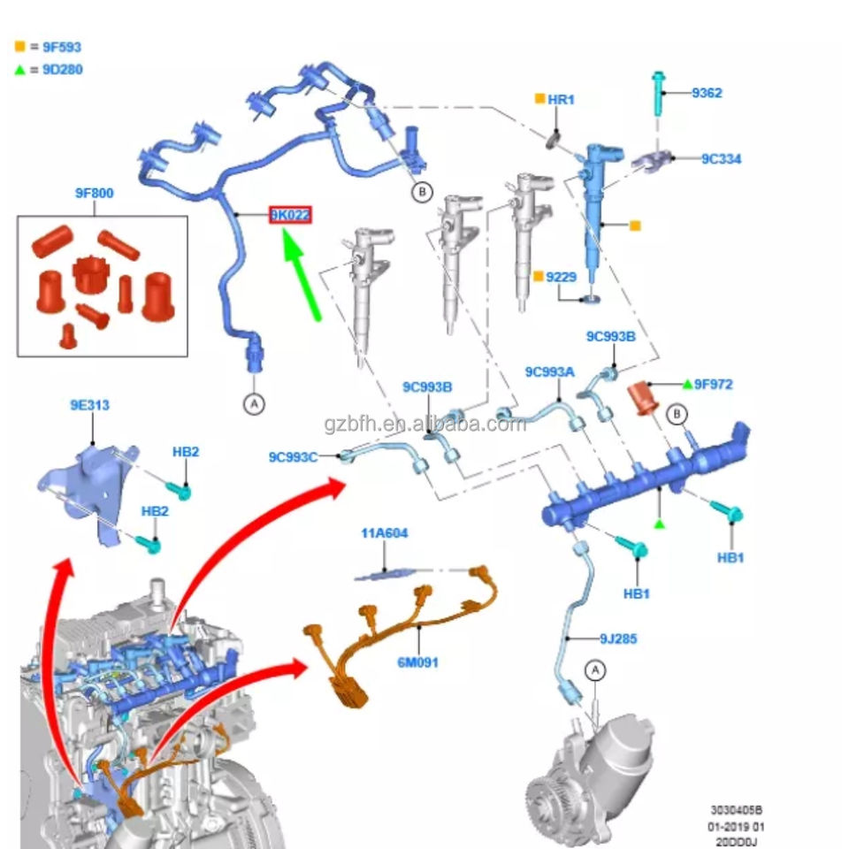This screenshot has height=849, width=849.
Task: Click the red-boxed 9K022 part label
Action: (x=291, y=215)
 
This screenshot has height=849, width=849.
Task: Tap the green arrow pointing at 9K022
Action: (x=301, y=274)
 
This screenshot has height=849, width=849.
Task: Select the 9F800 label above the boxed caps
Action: (x=95, y=193)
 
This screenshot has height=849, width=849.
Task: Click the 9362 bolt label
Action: (x=707, y=93)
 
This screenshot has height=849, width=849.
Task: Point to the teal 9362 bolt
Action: (x=658, y=93)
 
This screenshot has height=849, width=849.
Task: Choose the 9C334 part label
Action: (x=722, y=158)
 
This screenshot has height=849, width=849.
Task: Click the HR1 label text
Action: (x=561, y=100)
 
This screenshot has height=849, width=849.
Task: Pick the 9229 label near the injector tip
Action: (x=561, y=277)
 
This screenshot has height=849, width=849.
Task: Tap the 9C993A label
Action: (x=549, y=371)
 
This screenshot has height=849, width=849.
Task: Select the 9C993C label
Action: (x=293, y=457)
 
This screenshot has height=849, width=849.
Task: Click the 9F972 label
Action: (x=713, y=384)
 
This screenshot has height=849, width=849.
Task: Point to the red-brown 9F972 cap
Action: (x=643, y=398)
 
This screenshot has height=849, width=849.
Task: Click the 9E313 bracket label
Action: (x=90, y=405)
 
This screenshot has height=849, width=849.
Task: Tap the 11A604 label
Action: (x=385, y=532)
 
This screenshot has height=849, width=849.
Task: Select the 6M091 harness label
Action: (x=417, y=662)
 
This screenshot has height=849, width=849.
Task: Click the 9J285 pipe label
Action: (x=618, y=639)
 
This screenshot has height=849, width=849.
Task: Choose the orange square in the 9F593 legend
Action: (x=20, y=47)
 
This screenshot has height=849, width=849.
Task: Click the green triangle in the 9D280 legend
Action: (x=20, y=69)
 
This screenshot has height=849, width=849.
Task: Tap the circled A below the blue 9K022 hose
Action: (x=254, y=404)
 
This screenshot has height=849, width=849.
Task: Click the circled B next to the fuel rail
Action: (x=677, y=415)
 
